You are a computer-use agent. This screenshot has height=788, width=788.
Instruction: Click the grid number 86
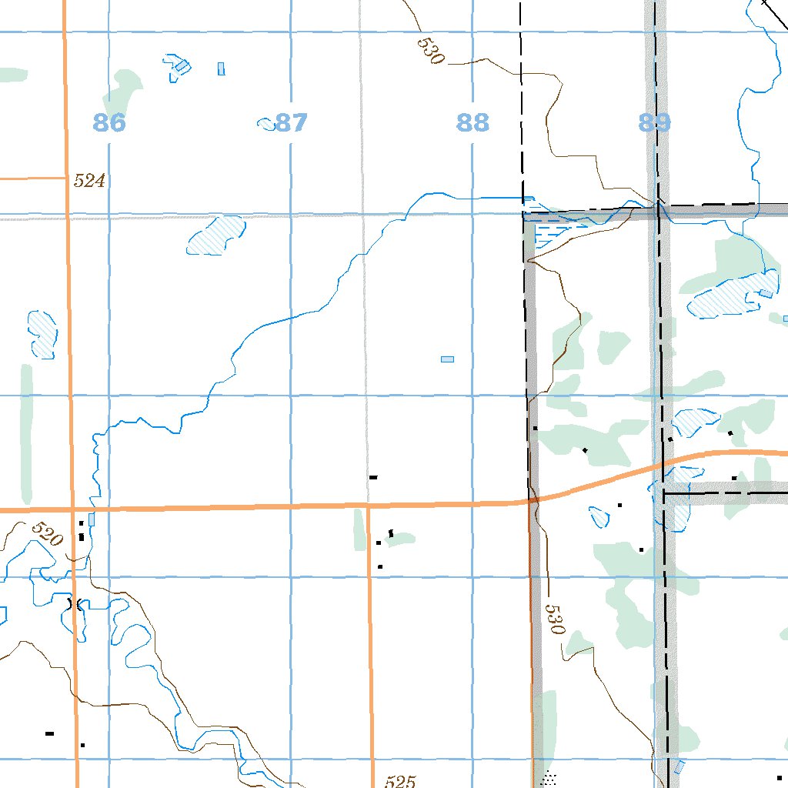[x=109, y=122]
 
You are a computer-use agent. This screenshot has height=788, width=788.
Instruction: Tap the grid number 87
[x=292, y=122]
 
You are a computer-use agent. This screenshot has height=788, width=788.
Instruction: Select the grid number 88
[x=472, y=122]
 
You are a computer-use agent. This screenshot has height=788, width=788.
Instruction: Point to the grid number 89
[x=654, y=122]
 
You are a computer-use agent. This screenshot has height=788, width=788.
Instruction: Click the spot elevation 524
[x=89, y=182]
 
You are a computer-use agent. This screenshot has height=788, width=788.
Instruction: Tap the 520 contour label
[x=48, y=534]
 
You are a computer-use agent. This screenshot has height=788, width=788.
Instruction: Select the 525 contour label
[x=400, y=782]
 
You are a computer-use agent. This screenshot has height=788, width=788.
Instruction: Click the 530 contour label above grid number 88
[x=431, y=51]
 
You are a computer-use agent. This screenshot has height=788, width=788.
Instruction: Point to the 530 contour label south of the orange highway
[x=555, y=619]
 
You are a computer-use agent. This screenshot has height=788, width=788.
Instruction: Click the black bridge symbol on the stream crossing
[x=75, y=604]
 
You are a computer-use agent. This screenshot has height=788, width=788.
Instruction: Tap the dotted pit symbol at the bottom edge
[x=549, y=779]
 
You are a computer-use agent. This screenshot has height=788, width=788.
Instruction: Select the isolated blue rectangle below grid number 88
[x=447, y=359]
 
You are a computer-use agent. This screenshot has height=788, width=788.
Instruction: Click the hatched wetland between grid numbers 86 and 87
[x=215, y=235]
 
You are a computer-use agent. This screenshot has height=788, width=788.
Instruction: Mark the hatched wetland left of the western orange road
[x=43, y=332]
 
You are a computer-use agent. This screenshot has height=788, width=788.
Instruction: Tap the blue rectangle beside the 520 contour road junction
[x=92, y=519]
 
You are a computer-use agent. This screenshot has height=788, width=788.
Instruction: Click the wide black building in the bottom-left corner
[x=50, y=733]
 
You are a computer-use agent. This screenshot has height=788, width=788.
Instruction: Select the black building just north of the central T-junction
[x=373, y=478]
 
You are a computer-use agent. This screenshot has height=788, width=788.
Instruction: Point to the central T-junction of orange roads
[x=368, y=506]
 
